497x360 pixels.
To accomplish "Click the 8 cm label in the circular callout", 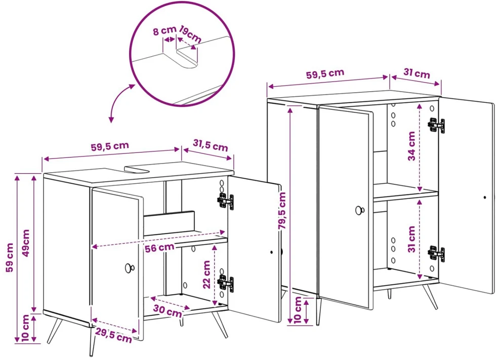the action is [164, 31].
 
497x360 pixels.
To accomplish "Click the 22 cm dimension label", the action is [206, 274].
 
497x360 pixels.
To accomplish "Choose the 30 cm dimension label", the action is [168, 311].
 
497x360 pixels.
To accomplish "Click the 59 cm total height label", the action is [10, 258].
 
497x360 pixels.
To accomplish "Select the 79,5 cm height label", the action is [282, 211].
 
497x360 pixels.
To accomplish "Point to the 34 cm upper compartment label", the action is [411, 146].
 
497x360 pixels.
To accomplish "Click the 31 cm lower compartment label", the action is [411, 239].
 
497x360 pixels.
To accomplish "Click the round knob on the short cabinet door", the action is [130, 268].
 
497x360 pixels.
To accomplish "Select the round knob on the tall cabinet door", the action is [359, 210].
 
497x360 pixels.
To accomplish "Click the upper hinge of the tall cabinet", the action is [436, 125].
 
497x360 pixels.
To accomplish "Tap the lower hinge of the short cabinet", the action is [225, 283].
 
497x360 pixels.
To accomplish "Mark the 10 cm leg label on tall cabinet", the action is [298, 309].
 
